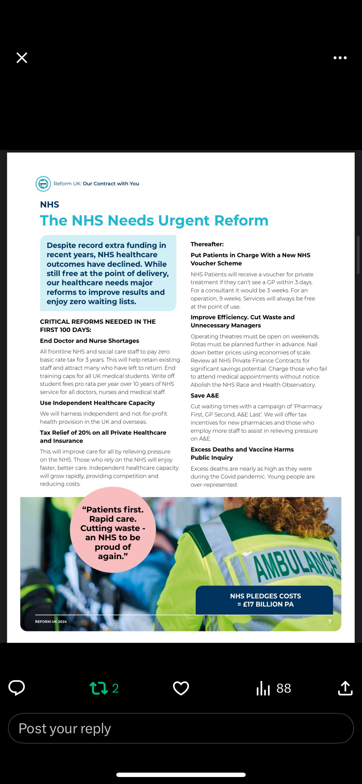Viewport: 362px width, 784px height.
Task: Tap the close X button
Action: (x=22, y=57)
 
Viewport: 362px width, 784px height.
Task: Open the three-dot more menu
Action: (x=340, y=57)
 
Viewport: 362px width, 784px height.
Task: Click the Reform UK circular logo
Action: (x=43, y=184)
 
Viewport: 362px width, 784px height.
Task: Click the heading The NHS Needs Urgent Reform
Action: (x=154, y=220)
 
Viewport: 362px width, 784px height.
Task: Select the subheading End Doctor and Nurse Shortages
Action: (x=89, y=341)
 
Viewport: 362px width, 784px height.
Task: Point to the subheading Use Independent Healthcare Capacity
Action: (x=97, y=403)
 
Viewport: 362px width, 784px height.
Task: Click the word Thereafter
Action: (x=207, y=244)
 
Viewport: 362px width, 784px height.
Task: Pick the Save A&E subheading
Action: (x=205, y=395)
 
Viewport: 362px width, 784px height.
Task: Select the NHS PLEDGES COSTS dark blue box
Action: (x=264, y=600)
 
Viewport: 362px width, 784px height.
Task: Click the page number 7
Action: (x=329, y=621)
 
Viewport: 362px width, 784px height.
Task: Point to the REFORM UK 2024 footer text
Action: (x=51, y=622)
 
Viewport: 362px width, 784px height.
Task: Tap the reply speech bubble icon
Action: (x=16, y=688)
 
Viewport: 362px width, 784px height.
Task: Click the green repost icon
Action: (x=99, y=688)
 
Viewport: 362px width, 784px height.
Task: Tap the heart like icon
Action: (x=181, y=688)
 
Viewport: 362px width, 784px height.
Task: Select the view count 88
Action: (x=283, y=688)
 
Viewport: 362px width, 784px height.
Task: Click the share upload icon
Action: (x=345, y=688)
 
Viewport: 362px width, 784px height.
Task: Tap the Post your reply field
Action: (x=181, y=728)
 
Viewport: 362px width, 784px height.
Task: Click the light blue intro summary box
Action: (x=108, y=273)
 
